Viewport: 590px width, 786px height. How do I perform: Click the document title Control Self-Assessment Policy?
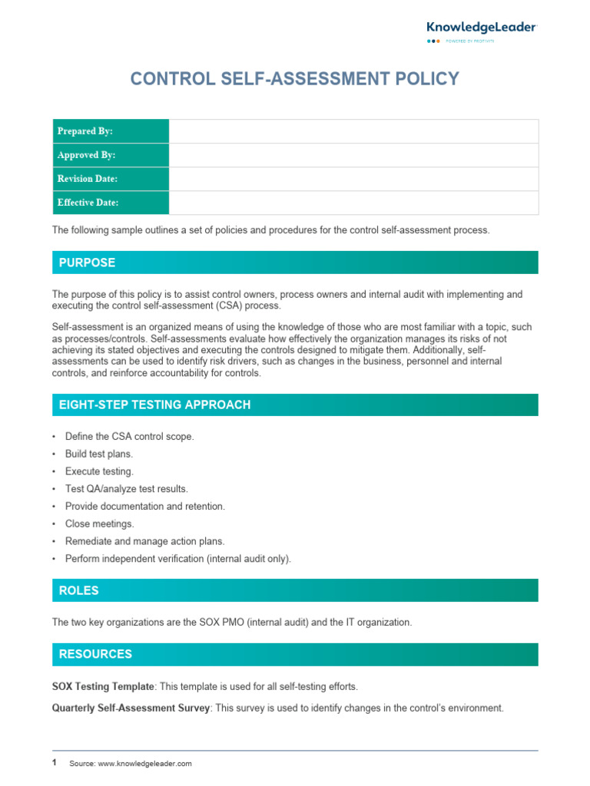click(x=295, y=78)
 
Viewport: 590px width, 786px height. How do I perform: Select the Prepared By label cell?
click(x=110, y=131)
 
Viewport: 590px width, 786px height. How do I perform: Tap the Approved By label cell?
click(x=110, y=155)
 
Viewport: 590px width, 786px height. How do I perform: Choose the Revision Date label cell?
click(x=110, y=179)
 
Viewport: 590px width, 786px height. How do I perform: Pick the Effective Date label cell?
click(x=110, y=203)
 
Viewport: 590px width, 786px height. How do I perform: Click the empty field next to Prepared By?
click(x=353, y=131)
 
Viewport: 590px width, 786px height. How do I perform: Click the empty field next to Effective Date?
click(x=353, y=203)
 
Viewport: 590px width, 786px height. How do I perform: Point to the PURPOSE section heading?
click(x=88, y=263)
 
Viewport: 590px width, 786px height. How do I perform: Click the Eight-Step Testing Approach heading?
click(x=154, y=405)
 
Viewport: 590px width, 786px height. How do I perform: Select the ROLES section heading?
click(x=79, y=590)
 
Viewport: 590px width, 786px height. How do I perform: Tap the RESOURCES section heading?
click(x=95, y=654)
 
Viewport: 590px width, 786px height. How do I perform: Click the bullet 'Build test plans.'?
click(x=99, y=454)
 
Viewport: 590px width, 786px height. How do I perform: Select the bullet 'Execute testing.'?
click(x=99, y=471)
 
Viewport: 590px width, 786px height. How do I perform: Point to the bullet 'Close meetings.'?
click(x=99, y=523)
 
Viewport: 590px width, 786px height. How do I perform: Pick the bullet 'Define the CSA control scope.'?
click(x=129, y=436)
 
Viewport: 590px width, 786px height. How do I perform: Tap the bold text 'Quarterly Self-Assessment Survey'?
click(x=131, y=708)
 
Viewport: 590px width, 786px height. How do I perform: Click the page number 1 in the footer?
click(x=55, y=763)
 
